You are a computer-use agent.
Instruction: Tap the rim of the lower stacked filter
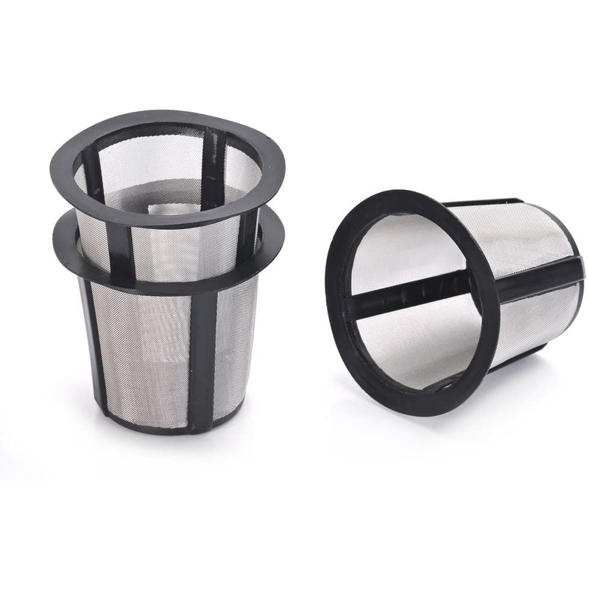(x=169, y=276)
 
